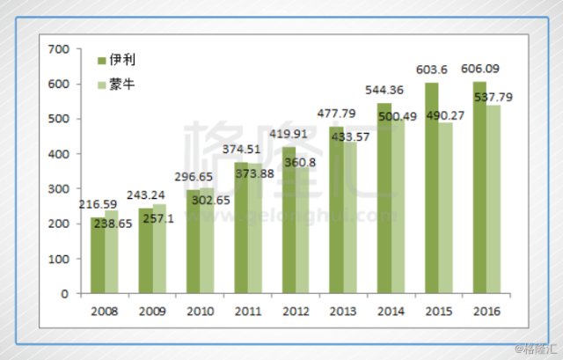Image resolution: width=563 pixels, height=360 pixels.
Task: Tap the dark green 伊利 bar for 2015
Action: (x=432, y=188)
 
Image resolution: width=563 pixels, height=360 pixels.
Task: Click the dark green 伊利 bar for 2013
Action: (x=337, y=211)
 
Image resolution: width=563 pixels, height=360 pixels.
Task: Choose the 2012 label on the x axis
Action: (x=296, y=311)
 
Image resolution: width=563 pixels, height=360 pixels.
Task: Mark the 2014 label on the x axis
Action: (x=391, y=311)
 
